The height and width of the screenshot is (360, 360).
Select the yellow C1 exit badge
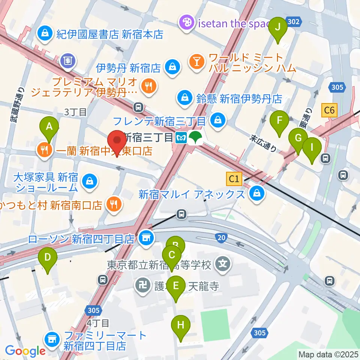tap(234, 179)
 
